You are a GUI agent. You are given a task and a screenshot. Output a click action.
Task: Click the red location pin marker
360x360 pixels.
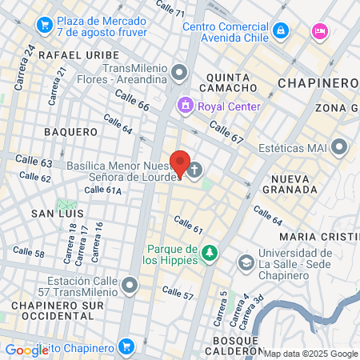(180, 164)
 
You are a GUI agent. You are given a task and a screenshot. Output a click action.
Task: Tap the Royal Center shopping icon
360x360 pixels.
(186, 106)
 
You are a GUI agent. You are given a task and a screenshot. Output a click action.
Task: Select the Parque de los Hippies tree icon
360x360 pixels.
(210, 253)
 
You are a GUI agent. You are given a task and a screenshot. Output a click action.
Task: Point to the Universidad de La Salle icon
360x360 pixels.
(246, 262)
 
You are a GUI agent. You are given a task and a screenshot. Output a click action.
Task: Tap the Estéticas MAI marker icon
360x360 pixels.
(341, 147)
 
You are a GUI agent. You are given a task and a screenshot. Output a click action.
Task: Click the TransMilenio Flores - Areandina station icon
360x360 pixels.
(179, 74)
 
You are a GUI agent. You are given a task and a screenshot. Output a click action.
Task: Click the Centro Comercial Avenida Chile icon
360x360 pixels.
(281, 31)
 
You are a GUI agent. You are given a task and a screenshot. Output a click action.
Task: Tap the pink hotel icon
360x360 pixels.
(321, 30)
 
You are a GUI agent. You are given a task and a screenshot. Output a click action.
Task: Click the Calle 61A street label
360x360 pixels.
(102, 190)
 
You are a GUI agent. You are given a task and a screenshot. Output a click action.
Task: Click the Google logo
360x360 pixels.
(26, 350)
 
